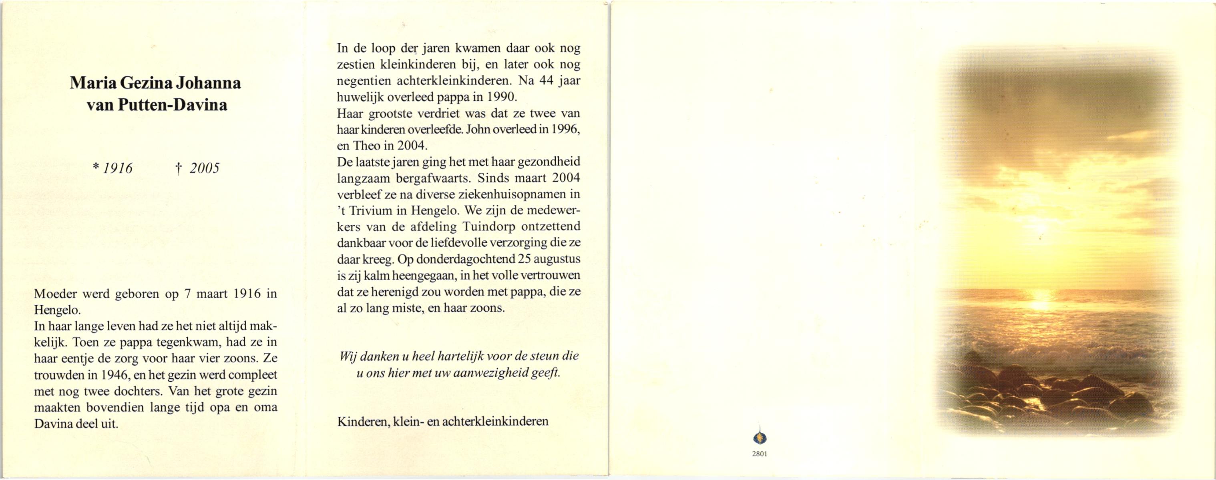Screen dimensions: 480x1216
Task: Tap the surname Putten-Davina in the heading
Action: pos(172,105)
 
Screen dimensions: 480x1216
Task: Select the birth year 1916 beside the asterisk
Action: pos(118,168)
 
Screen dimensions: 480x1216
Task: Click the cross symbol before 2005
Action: pos(179,169)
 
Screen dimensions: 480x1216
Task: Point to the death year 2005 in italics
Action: pos(204,168)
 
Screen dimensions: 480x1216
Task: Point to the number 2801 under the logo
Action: pos(760,454)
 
